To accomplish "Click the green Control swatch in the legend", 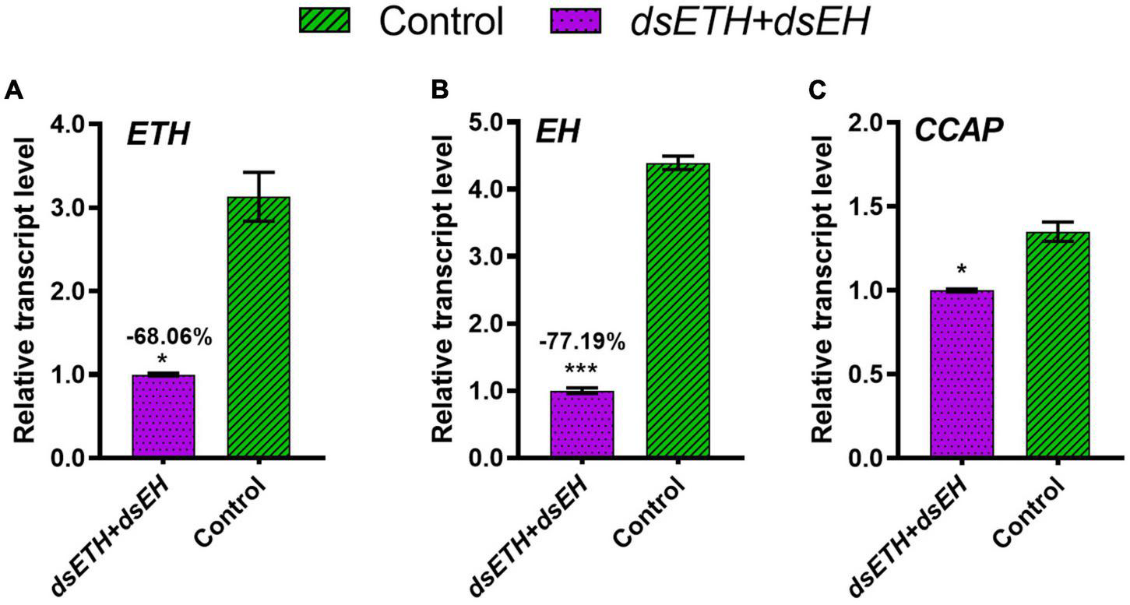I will click(326, 22).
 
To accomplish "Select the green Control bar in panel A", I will click(259, 327).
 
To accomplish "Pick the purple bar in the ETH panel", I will click(163, 416).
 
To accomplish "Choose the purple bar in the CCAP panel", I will click(962, 374).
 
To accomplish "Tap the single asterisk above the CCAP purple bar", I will click(962, 271).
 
